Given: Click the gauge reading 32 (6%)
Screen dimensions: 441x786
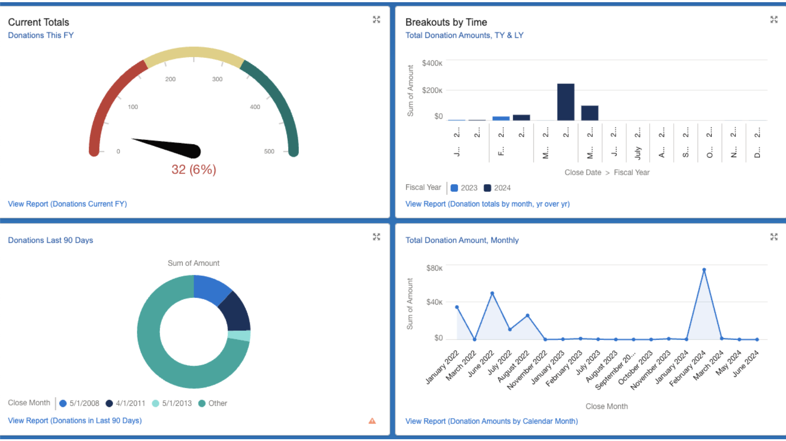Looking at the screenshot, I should point(194,169).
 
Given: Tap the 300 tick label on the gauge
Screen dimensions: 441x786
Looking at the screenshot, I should point(217,79).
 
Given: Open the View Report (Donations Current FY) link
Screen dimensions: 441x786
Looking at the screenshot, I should point(67,204).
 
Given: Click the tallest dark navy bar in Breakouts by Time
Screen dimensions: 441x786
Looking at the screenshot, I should point(566,102).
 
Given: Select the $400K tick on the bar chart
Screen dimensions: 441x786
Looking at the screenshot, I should point(432,63).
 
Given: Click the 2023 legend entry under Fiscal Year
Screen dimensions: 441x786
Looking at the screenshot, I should point(464,188).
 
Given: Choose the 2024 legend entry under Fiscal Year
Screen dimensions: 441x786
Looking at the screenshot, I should point(497,188).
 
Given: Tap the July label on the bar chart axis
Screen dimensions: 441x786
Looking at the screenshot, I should point(638,153).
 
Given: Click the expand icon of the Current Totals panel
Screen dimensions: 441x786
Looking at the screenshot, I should point(376,20).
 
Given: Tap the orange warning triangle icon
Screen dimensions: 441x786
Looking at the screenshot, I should point(372,421).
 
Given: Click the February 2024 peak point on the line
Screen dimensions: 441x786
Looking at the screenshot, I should point(704,270).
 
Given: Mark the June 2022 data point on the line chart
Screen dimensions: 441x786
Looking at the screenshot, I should point(492,293).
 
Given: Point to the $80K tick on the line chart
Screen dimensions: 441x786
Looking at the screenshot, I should point(434,268).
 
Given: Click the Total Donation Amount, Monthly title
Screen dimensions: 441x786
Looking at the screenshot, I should point(462,240).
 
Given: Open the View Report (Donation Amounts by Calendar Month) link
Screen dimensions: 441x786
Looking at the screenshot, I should point(492,421).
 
